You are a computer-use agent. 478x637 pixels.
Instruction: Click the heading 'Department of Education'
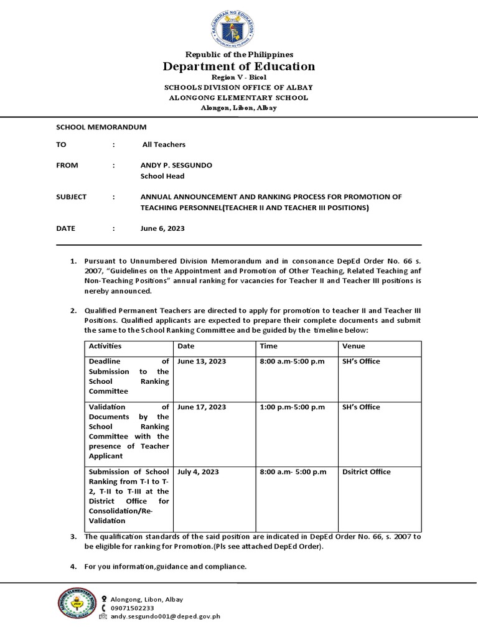pyautogui.click(x=239, y=67)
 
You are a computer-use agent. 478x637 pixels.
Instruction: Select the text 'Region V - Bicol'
pyautogui.click(x=239, y=77)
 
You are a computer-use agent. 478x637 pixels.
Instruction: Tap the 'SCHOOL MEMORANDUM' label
pyautogui.click(x=101, y=127)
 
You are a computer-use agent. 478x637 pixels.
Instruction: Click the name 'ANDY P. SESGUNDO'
pyautogui.click(x=176, y=165)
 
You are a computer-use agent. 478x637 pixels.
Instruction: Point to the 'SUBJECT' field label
pyautogui.click(x=72, y=197)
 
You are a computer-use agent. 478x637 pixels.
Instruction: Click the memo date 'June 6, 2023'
pyautogui.click(x=162, y=228)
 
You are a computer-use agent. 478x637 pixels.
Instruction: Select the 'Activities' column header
pyautogui.click(x=105, y=346)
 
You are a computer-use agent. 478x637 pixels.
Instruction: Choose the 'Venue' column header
pyautogui.click(x=354, y=346)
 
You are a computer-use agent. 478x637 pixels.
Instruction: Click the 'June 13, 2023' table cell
pyautogui.click(x=202, y=361)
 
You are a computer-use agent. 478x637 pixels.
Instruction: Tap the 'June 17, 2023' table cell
pyautogui.click(x=202, y=407)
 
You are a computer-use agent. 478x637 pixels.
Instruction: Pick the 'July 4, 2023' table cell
pyautogui.click(x=197, y=472)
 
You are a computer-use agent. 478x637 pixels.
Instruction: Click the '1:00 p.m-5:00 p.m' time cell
pyautogui.click(x=292, y=407)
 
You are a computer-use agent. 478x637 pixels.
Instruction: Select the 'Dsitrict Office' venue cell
pyautogui.click(x=366, y=472)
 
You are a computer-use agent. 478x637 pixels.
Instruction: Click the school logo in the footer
pyautogui.click(x=76, y=603)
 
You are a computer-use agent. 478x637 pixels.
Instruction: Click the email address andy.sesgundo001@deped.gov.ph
pyautogui.click(x=165, y=616)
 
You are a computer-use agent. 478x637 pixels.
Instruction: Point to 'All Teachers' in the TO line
pyautogui.click(x=164, y=144)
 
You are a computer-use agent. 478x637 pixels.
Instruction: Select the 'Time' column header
pyautogui.click(x=268, y=346)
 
